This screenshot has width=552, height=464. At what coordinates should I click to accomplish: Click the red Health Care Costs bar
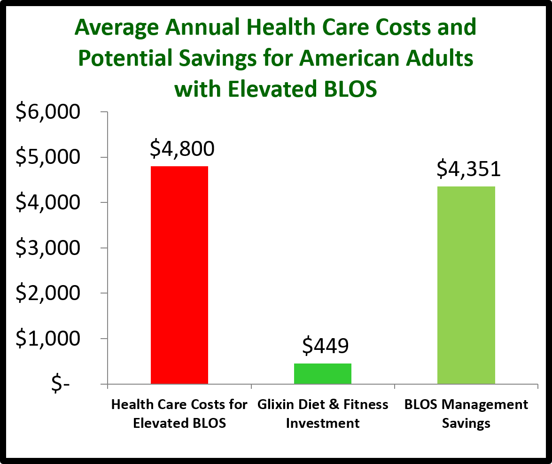click(179, 275)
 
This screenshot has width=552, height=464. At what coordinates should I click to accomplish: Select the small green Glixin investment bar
click(323, 373)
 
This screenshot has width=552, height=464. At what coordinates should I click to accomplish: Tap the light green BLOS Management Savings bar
click(466, 285)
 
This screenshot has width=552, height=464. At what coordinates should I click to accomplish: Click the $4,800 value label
click(182, 149)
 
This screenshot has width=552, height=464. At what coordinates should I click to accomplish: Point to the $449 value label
click(325, 346)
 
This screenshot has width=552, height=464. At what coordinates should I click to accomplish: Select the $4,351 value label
click(468, 170)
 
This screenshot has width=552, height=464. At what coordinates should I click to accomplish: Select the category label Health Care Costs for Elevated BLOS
click(179, 414)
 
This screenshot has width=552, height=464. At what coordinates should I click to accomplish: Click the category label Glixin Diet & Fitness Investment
click(323, 414)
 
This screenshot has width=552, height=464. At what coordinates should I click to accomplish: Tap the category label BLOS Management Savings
click(466, 414)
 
